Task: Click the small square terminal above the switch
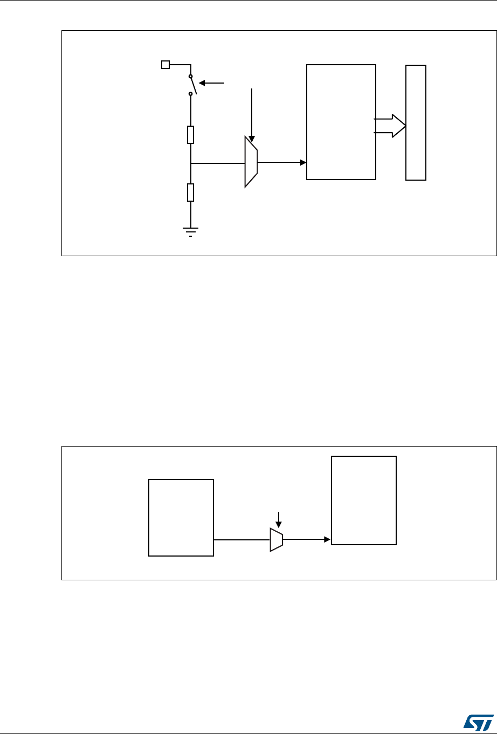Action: [166, 65]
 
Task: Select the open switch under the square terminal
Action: [192, 85]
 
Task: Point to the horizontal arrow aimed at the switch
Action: [212, 83]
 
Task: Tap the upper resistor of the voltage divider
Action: [190, 135]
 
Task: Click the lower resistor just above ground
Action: [190, 192]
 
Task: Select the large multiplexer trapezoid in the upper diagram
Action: [251, 162]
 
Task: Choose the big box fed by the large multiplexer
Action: [341, 121]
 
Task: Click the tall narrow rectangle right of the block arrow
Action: [416, 122]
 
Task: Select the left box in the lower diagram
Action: [181, 517]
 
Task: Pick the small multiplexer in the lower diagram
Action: [276, 539]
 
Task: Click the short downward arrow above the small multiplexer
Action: [278, 519]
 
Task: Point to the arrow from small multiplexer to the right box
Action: [307, 539]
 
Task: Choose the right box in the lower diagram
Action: [363, 500]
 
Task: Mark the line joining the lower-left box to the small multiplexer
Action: [241, 539]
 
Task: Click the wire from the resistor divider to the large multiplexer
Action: [218, 162]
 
